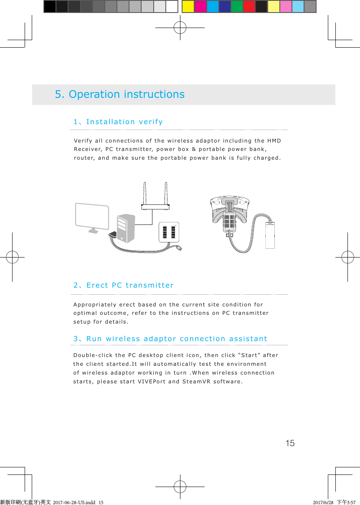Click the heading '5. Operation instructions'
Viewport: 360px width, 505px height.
click(x=119, y=94)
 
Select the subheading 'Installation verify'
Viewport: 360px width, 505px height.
click(x=124, y=122)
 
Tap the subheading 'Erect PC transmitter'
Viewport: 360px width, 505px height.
click(x=129, y=286)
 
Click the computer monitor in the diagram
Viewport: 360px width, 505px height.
click(x=92, y=216)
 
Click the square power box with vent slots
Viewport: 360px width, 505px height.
click(x=169, y=232)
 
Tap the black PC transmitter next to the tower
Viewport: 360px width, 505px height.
click(x=113, y=235)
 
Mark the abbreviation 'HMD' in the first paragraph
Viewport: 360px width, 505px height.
click(x=274, y=140)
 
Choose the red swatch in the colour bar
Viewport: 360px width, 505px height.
click(x=249, y=7)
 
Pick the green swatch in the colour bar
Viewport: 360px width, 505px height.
click(x=237, y=7)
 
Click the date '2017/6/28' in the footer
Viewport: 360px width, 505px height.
click(x=323, y=502)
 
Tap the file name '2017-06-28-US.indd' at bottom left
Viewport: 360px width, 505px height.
click(x=74, y=502)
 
